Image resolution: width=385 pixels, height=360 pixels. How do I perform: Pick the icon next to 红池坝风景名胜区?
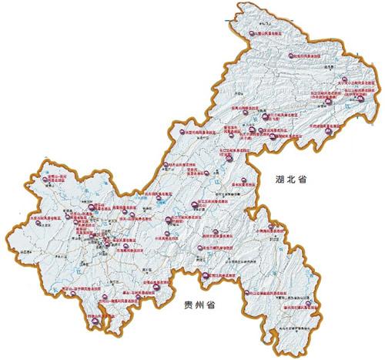tap(290, 56)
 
